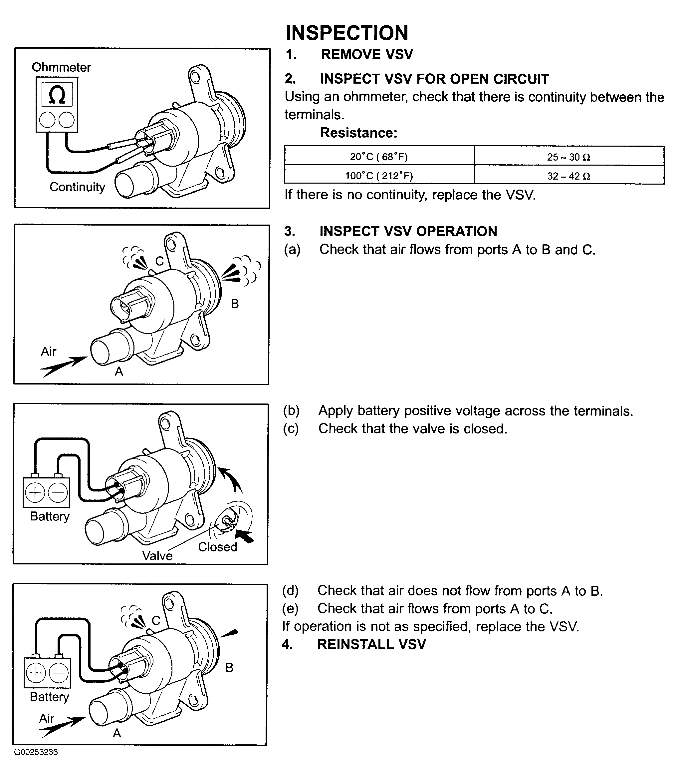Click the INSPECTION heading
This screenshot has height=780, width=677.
point(347,33)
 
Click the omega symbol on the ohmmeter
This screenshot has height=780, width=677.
point(57,95)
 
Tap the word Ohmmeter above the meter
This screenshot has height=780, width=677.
point(61,67)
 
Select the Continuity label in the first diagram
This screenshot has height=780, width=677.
point(77,187)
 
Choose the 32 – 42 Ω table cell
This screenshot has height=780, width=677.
point(569,175)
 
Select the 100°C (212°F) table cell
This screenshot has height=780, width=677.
point(379,175)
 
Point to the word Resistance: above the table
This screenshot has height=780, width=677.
point(358,133)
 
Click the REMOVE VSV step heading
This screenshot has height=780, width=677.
point(367,54)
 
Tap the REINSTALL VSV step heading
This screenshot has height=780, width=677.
point(371,644)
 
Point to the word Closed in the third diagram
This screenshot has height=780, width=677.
point(218,547)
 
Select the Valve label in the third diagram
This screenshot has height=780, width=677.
point(157,555)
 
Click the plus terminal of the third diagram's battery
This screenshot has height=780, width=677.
point(35,493)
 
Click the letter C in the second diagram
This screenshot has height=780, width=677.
point(160,261)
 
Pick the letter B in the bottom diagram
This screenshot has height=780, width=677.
point(229,667)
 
